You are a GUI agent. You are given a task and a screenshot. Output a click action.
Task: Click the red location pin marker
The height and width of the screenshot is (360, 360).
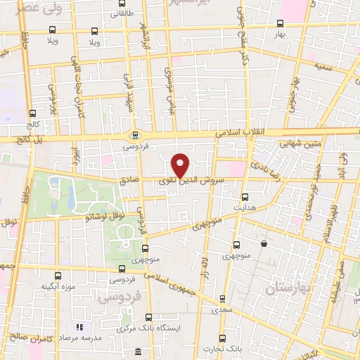tap(181, 165)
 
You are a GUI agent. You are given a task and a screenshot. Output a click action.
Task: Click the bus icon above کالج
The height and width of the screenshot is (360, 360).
tap(33, 112)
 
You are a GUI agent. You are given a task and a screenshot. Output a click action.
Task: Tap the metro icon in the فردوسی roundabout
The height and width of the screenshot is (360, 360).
tap(136, 136)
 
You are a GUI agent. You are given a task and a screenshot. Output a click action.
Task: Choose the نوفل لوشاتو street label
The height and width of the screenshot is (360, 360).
tap(104, 217)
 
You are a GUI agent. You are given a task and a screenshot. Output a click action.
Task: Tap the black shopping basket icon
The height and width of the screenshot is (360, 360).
tap(264, 244)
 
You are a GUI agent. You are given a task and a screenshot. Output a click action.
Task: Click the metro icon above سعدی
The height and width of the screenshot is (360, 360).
tap(223, 298)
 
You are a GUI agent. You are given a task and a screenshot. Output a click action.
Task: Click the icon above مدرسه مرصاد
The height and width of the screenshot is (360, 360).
tap(79, 327)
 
